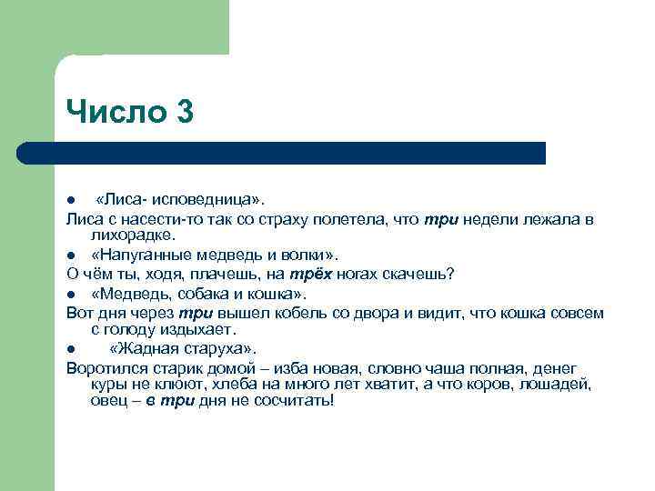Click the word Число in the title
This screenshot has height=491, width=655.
(x=116, y=112)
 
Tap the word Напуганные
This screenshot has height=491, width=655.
(x=143, y=255)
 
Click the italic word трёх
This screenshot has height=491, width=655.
(x=307, y=275)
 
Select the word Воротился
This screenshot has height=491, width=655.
(x=105, y=367)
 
